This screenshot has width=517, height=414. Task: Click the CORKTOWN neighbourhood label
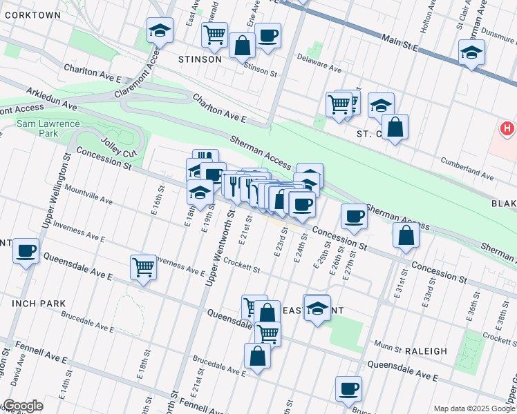(30, 14)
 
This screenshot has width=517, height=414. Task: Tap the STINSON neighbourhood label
(200, 59)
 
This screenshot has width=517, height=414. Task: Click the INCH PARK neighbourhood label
(38, 303)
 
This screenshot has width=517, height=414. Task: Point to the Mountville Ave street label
(88, 194)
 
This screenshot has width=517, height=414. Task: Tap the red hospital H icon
(507, 129)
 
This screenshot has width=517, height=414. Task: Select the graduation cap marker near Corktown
(160, 31)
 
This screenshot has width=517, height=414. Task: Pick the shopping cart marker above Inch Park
(143, 266)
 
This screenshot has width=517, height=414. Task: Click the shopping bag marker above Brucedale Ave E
(257, 356)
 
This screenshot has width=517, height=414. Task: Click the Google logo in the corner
(23, 406)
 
